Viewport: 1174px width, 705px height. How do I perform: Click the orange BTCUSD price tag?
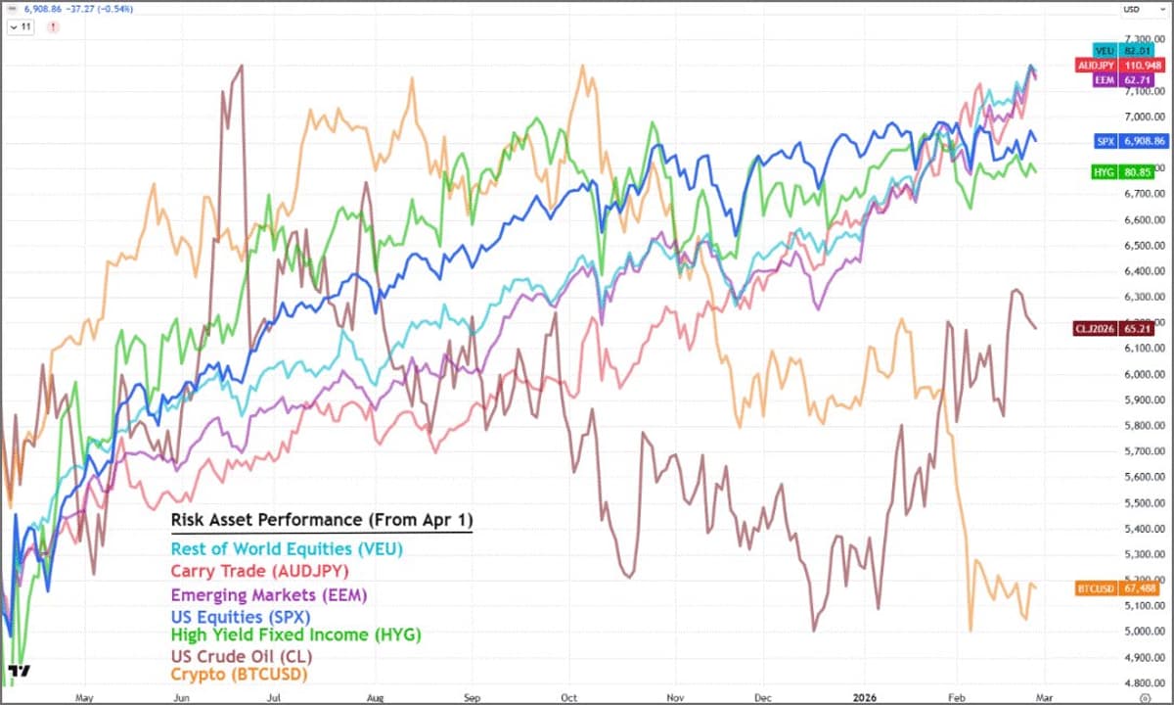tap(1116, 588)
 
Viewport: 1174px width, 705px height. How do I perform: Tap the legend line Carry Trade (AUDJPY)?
tap(259, 571)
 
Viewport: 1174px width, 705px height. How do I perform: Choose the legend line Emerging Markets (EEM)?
tap(269, 594)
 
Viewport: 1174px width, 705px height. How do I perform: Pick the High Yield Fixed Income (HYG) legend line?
tap(295, 634)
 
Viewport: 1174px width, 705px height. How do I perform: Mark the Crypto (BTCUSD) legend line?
tap(239, 675)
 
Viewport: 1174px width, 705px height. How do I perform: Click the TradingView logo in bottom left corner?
tap(19, 672)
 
